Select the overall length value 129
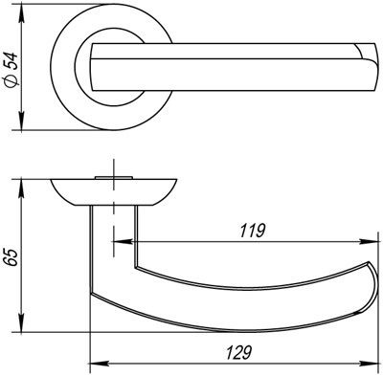(238, 351)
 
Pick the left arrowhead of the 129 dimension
(94, 364)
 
